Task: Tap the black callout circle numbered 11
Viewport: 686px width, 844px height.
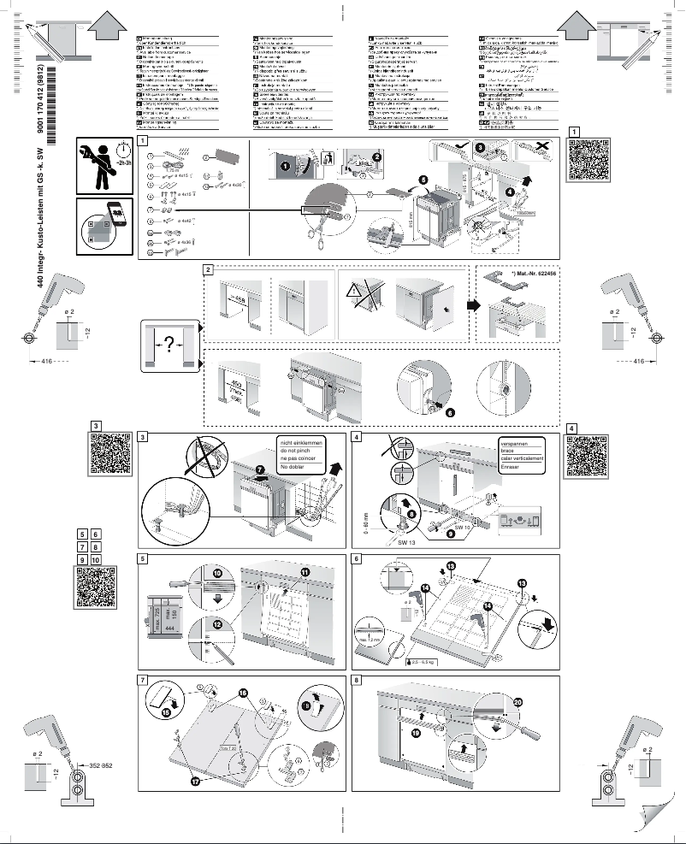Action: (305, 570)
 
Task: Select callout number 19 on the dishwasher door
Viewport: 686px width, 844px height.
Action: (417, 733)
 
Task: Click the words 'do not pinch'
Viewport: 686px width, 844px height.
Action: (295, 450)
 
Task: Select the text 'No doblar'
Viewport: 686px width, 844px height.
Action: (292, 468)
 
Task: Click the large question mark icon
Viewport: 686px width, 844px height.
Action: (169, 345)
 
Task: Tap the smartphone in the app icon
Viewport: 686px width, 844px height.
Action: (114, 215)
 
